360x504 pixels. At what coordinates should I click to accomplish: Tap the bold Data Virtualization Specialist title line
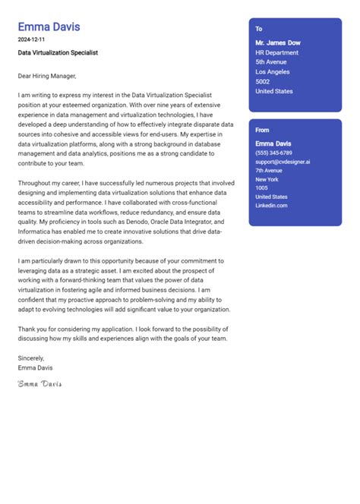coord(58,53)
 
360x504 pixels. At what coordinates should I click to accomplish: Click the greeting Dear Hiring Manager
coord(47,75)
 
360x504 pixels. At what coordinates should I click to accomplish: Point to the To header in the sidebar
coord(259,28)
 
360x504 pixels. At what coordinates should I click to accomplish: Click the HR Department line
coord(277,52)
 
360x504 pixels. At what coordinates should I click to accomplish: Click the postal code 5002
coord(263,81)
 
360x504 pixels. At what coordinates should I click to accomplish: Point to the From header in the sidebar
coord(262,130)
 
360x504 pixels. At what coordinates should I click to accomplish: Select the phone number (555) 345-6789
coord(277,153)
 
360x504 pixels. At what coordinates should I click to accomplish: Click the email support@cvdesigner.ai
coord(283,162)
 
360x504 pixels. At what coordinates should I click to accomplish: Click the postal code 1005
coord(261,187)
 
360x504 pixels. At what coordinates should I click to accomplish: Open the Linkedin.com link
coord(271,205)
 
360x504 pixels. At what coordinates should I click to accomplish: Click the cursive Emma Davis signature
coord(39,384)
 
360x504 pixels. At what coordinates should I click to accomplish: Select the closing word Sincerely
coord(31,358)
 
